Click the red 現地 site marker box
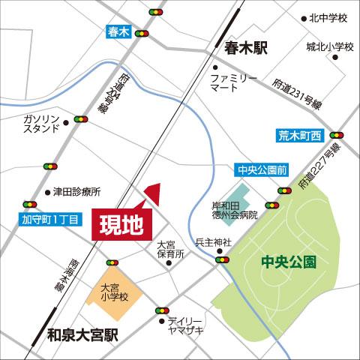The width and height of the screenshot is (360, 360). click(x=122, y=224)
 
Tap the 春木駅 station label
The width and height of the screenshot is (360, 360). click(x=245, y=48)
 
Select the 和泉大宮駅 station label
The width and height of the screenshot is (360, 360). click(x=82, y=335)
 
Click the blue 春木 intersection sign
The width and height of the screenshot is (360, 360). click(x=118, y=31)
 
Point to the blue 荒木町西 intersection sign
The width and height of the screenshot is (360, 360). click(x=299, y=136)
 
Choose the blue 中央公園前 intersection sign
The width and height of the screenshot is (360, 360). click(x=262, y=170)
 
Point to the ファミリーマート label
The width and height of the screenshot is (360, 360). click(x=234, y=82)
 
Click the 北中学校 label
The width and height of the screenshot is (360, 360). click(x=331, y=18)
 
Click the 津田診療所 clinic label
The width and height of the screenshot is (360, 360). click(x=76, y=191)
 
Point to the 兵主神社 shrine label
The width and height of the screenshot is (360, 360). click(x=214, y=242)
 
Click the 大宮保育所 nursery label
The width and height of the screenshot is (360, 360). click(x=170, y=250)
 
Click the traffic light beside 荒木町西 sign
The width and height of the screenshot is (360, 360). click(x=336, y=135)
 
